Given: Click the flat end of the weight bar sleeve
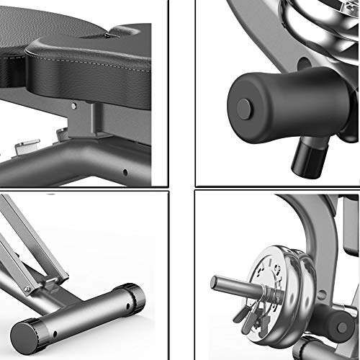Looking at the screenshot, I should pos(215,283).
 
